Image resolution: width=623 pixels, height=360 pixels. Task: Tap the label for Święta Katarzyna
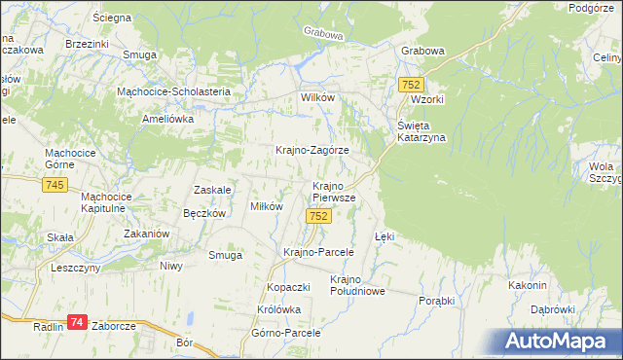pos(420,131)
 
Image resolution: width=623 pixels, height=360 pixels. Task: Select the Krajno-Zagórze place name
pos(311,151)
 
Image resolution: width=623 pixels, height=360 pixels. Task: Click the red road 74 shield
pos(78,322)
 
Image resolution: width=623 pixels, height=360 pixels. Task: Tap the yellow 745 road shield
pos(55,185)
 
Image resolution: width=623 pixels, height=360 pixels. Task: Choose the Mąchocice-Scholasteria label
pos(172,91)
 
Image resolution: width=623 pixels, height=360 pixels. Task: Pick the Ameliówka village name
pos(169,118)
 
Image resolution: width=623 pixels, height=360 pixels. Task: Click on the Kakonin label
pos(526,285)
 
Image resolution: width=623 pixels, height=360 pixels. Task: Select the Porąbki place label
pos(436,301)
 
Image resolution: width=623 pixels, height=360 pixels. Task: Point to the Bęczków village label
pos(204,212)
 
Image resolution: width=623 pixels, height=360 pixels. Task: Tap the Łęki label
pos(385,236)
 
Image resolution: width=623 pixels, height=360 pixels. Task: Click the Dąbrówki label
pos(554,309)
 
